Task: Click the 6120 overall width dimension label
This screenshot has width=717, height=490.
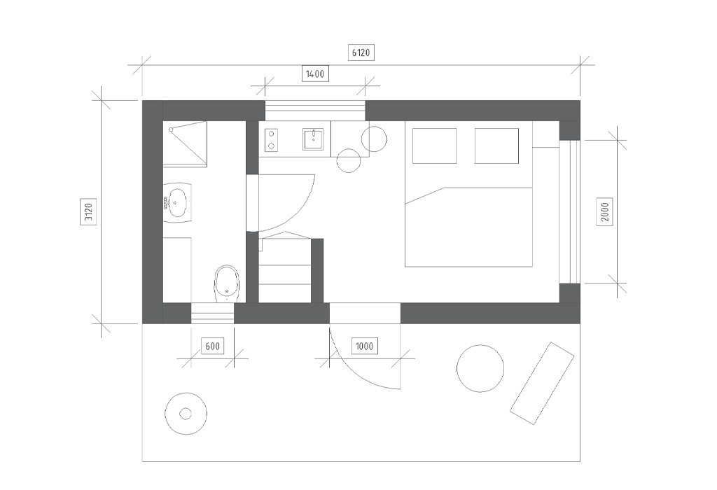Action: [x=361, y=52]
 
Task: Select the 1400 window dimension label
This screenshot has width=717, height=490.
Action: [x=315, y=74]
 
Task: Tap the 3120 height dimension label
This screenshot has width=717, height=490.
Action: [x=88, y=211]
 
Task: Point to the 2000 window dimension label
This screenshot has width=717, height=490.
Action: [x=604, y=211]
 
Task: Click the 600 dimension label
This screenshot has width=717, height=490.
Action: [x=212, y=346]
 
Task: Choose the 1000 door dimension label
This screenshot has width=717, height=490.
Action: [x=364, y=346]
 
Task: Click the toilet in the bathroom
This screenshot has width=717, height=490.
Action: [x=226, y=283]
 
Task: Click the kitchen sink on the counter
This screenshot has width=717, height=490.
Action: [x=313, y=139]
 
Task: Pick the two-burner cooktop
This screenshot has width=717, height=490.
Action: [x=271, y=140]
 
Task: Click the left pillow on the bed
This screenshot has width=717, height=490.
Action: [x=434, y=146]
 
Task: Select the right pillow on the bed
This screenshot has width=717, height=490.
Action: [x=496, y=146]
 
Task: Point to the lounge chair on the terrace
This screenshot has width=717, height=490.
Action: [x=542, y=383]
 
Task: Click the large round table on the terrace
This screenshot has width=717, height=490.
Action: [x=480, y=368]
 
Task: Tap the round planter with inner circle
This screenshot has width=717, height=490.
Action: [x=185, y=414]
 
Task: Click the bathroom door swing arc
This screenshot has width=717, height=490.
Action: [x=298, y=211]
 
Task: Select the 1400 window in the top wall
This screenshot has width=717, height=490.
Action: [x=315, y=111]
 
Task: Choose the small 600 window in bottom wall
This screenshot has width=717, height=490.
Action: [x=212, y=313]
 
